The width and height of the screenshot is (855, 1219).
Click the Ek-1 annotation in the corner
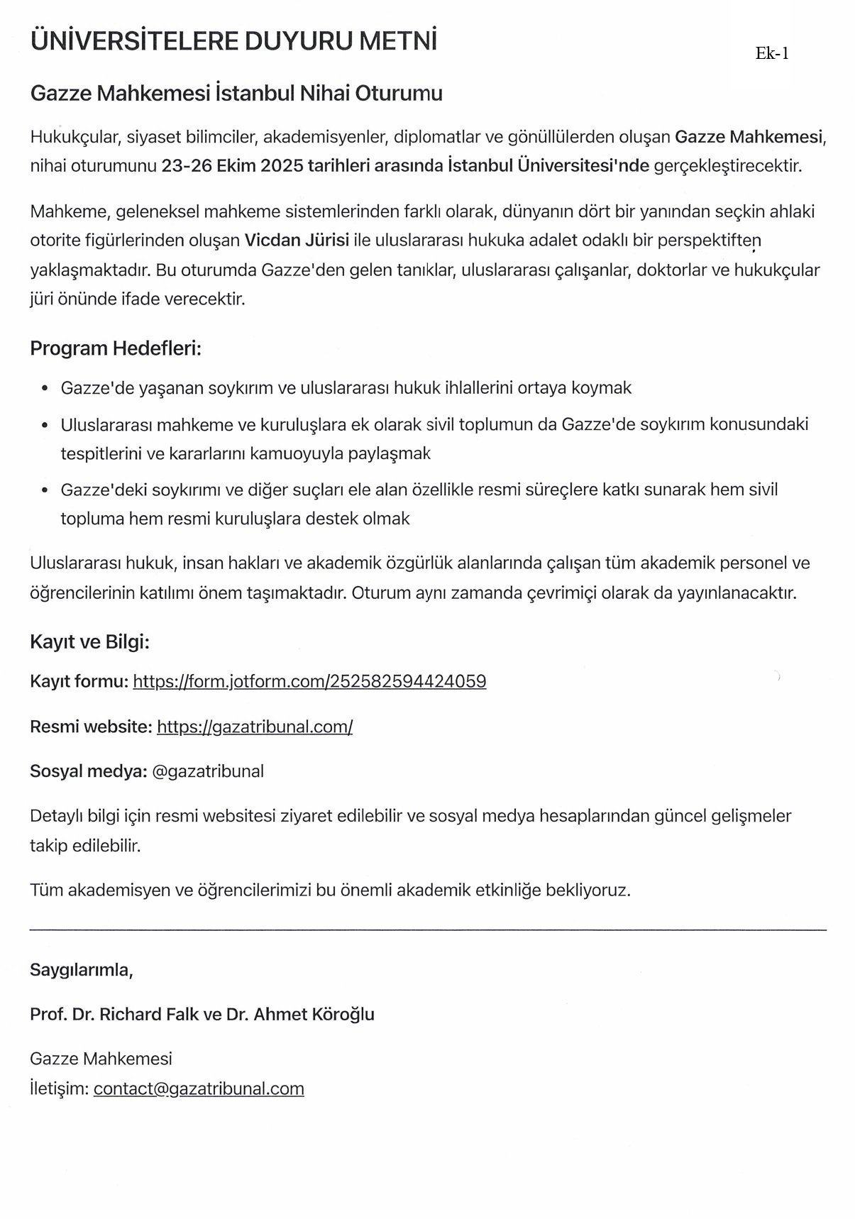click(772, 54)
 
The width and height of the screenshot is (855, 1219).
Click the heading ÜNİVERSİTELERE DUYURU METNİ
click(233, 41)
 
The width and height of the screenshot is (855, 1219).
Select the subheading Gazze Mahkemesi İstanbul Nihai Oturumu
click(236, 93)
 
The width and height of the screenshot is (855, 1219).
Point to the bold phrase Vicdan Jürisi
click(297, 241)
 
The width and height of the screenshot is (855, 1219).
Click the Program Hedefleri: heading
click(116, 348)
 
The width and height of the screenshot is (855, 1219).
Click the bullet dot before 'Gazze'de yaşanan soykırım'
click(45, 389)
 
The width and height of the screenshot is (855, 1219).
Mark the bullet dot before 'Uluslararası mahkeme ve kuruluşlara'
click(45, 425)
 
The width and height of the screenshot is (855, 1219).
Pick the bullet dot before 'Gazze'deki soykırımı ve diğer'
click(45, 490)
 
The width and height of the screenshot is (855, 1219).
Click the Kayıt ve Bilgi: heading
click(89, 642)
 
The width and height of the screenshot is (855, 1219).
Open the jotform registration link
click(309, 682)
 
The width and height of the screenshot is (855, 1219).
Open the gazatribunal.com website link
click(255, 727)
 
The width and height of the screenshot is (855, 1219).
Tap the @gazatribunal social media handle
click(208, 771)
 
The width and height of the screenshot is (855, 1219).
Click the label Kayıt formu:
click(79, 682)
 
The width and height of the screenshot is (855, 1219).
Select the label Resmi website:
click(91, 727)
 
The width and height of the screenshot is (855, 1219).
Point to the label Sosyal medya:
click(88, 771)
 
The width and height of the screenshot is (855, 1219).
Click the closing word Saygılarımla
click(81, 970)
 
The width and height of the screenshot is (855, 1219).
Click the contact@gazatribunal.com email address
click(199, 1088)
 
